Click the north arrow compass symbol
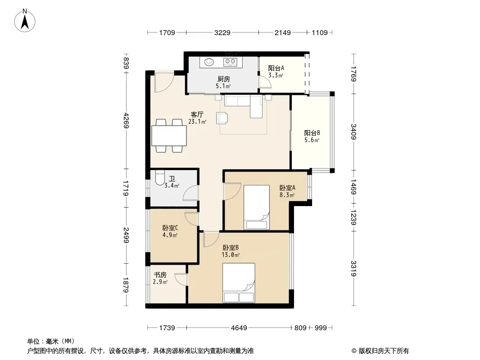[x=25, y=20]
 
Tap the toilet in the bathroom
[x=160, y=177]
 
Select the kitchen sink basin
[x=209, y=62]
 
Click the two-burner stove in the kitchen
[x=230, y=62]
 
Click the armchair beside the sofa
[x=222, y=118]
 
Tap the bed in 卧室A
[x=257, y=207]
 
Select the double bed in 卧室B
[x=239, y=283]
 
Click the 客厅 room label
[x=197, y=115]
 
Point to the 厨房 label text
[x=224, y=79]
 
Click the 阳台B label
[x=312, y=133]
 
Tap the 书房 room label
[x=160, y=275]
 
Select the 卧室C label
[x=170, y=228]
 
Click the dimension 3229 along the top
[x=222, y=32]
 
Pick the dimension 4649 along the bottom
[x=239, y=328]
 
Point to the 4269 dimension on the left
[x=126, y=121]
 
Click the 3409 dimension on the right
[x=354, y=131]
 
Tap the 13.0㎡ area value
[x=231, y=255]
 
